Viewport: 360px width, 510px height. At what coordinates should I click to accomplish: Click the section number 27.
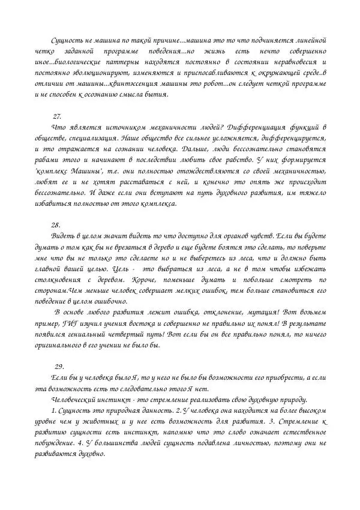58,116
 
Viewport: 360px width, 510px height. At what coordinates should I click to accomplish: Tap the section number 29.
59,366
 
